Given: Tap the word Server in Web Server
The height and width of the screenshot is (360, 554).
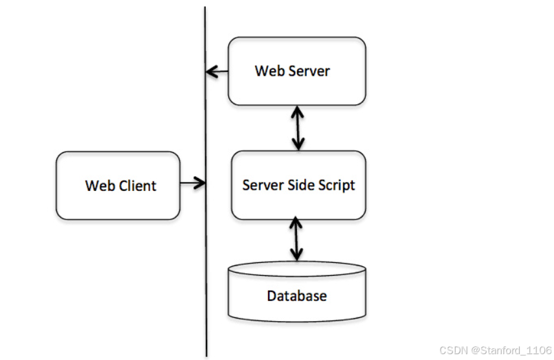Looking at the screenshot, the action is point(310,71).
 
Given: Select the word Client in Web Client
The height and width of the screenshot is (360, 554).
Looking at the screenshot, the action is point(137,186).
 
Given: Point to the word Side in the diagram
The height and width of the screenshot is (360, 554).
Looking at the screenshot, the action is point(301,185).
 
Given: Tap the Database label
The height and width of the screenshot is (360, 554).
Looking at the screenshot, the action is point(297,296).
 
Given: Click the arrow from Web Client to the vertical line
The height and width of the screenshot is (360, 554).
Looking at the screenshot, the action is point(193,183).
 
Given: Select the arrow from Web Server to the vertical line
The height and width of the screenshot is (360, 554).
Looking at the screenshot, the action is point(217,72).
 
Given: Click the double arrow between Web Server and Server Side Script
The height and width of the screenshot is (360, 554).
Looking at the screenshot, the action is point(298,128).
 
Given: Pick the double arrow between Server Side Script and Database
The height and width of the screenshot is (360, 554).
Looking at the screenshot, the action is point(296,239).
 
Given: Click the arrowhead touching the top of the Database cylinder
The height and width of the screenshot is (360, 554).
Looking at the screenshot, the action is point(296,255).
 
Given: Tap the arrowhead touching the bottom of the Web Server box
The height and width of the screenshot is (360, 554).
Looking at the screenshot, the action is point(298,112).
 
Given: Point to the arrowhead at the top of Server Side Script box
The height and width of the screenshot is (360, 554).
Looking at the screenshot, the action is point(298,144).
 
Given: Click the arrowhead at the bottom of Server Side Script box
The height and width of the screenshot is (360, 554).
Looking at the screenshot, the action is point(296,223).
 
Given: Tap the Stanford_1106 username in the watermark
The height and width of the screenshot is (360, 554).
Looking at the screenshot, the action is point(516,350).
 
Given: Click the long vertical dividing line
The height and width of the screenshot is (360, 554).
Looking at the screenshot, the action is point(206,181).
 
